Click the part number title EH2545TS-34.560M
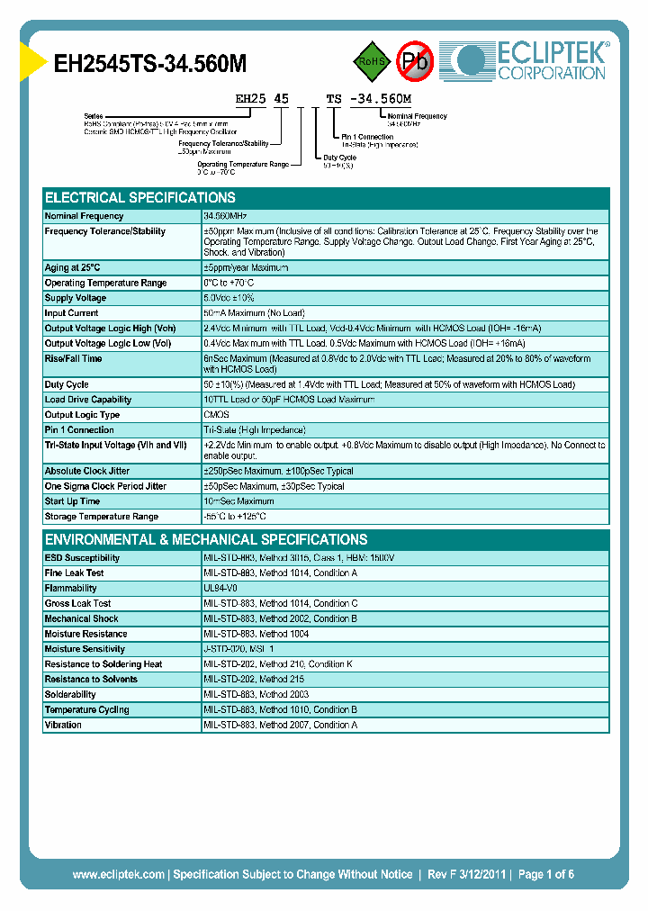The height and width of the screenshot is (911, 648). click(x=150, y=64)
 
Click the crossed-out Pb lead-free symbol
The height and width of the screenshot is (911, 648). click(x=415, y=61)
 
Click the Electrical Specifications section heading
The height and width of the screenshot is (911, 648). click(x=140, y=198)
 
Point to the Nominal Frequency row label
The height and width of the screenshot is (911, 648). click(x=85, y=217)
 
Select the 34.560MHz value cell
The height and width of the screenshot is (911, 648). click(x=225, y=217)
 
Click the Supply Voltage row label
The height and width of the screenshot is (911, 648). click(x=76, y=298)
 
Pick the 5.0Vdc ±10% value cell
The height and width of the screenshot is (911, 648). click(x=229, y=298)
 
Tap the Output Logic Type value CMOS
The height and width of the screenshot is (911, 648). click(x=216, y=415)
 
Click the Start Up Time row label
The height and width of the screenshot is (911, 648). click(x=72, y=501)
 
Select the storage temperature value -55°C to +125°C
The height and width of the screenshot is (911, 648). click(x=235, y=517)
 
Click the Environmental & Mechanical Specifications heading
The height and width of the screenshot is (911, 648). click(x=206, y=540)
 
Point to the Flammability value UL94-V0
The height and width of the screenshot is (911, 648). click(x=220, y=589)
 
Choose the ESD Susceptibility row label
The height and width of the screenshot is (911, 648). click(x=82, y=558)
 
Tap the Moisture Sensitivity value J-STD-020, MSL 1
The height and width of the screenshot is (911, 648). click(x=238, y=649)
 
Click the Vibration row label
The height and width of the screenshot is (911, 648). click(x=63, y=726)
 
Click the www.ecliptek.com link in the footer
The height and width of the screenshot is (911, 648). click(x=118, y=874)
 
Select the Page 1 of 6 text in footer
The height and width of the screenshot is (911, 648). click(x=545, y=874)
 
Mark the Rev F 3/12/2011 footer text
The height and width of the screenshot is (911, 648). click(x=464, y=874)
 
